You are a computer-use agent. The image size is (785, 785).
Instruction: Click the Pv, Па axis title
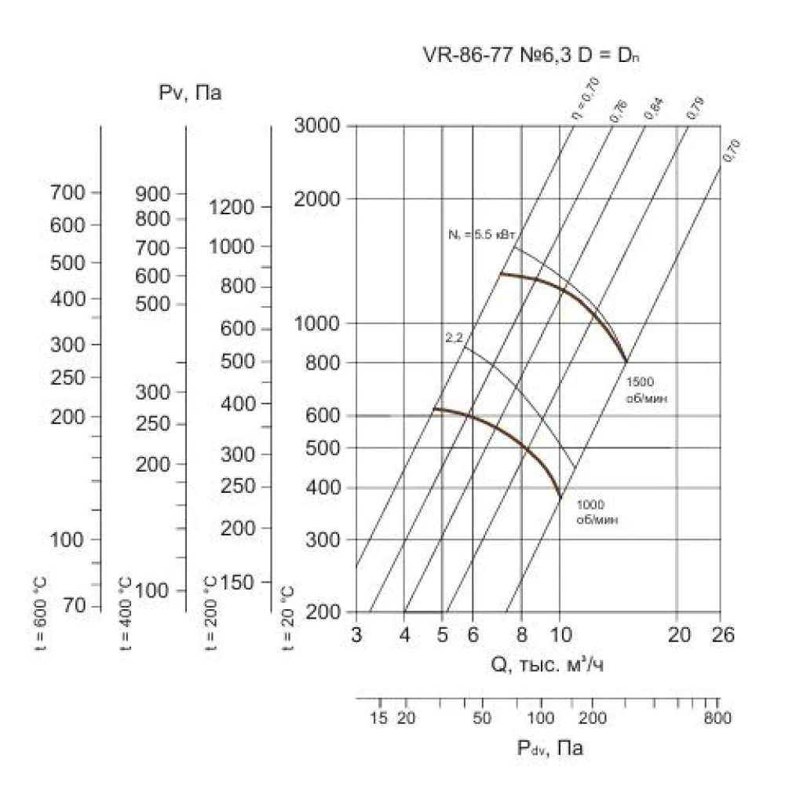pos(190,93)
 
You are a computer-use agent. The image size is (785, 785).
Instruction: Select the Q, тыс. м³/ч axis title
pos(548,666)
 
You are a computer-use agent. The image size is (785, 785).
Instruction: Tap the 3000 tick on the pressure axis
pos(316,125)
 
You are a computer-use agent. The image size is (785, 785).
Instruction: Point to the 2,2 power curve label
pos(455,338)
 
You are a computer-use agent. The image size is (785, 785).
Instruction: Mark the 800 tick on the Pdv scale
pos(717,717)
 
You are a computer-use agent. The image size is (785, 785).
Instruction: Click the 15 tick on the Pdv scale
pos(379,717)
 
